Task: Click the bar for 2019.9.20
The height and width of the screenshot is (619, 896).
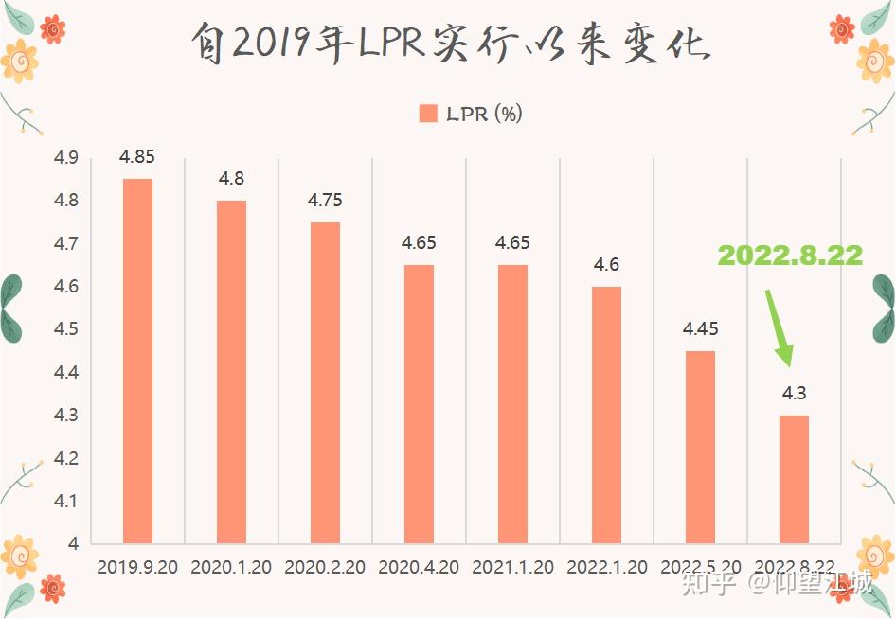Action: (137, 361)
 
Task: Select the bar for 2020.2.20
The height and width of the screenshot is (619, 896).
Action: (325, 382)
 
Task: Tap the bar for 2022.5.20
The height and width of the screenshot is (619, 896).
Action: (700, 447)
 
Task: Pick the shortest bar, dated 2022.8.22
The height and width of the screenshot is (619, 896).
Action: (794, 479)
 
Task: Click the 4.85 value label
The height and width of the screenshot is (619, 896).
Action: (137, 157)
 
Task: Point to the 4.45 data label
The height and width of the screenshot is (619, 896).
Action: (700, 329)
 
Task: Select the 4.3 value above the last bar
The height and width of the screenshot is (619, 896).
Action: (794, 394)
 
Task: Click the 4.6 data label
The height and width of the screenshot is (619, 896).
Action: (606, 265)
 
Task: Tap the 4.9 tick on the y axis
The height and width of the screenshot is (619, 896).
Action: (65, 158)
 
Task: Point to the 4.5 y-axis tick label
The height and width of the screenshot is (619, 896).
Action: (65, 329)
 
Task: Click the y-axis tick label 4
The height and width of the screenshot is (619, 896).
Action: (71, 544)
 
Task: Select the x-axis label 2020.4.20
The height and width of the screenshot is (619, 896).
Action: (419, 568)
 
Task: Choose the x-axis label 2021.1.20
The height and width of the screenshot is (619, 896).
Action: (512, 568)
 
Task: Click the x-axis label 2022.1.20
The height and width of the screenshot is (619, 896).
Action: (606, 568)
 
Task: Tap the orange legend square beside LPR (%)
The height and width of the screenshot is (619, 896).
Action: (428, 114)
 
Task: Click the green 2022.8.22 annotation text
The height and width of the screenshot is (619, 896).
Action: (790, 256)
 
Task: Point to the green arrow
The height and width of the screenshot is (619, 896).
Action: (778, 327)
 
